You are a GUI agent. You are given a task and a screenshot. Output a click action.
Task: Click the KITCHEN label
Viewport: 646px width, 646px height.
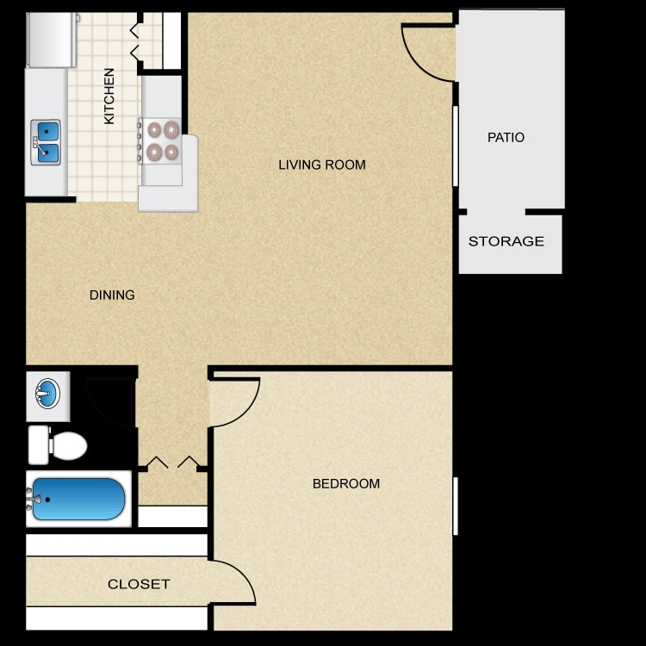pyautogui.click(x=109, y=96)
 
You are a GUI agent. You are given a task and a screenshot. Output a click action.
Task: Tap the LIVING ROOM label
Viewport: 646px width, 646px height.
pyautogui.click(x=322, y=165)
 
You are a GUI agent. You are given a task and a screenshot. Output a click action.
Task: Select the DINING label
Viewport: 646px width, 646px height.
pyautogui.click(x=112, y=295)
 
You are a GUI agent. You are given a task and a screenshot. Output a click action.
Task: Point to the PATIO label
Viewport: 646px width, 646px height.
pyautogui.click(x=506, y=137)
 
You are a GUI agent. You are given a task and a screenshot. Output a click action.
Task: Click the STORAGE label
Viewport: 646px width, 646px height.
pyautogui.click(x=506, y=241)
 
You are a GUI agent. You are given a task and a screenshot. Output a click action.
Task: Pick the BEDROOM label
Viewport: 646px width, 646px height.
pyautogui.click(x=345, y=484)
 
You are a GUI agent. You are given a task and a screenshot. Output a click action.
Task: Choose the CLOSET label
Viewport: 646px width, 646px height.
pyautogui.click(x=139, y=584)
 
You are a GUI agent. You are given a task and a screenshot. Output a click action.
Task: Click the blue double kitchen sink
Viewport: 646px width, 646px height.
pyautogui.click(x=47, y=142)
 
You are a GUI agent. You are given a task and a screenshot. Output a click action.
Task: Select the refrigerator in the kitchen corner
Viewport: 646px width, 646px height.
pyautogui.click(x=50, y=40)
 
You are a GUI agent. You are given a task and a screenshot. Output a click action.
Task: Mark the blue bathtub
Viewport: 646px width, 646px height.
pyautogui.click(x=78, y=499)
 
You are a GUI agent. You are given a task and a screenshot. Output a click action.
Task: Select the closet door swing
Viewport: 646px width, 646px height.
pyautogui.click(x=233, y=582)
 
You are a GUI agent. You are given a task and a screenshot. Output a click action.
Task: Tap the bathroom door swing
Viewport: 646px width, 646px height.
pyautogui.click(x=110, y=398)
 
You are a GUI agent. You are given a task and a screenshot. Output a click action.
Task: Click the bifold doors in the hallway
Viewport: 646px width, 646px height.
pyautogui.click(x=173, y=463)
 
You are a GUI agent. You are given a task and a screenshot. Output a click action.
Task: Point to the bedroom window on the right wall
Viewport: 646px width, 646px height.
pyautogui.click(x=456, y=506)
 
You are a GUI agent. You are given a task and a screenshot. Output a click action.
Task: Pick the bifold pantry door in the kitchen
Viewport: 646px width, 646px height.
pyautogui.click(x=135, y=40)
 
